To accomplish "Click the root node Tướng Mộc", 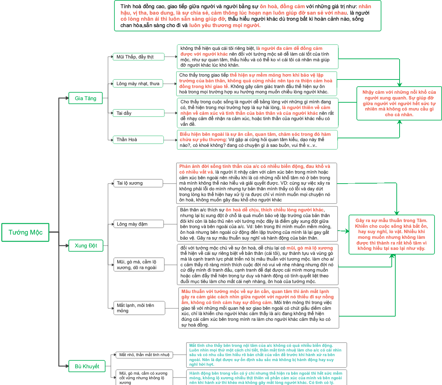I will tap(25, 232).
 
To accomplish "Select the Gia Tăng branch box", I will tap(86, 98).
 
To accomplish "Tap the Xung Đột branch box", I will tap(86, 246).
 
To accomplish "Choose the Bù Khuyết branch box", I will tap(87, 366).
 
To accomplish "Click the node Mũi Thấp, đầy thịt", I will tap(139, 57).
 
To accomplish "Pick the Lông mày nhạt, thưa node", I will tap(138, 83).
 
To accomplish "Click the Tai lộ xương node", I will tap(138, 183).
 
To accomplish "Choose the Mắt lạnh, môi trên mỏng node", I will tap(139, 308).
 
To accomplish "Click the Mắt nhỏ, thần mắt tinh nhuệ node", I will tap(144, 355).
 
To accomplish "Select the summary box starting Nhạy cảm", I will tap(399, 103).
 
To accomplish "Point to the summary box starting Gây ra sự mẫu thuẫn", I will tap(391, 235).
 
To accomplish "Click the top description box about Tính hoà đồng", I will tap(247, 16).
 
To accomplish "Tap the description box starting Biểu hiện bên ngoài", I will tap(257, 140).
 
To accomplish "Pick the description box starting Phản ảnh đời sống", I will tap(257, 183).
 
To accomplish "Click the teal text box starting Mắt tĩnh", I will tap(266, 355).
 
